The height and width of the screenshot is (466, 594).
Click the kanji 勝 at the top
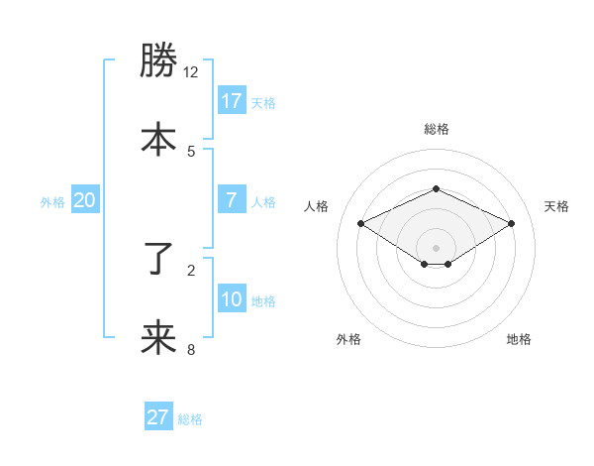coord(158,61)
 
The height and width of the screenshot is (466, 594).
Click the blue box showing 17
coord(231,100)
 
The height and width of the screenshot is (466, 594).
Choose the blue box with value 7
coord(231,199)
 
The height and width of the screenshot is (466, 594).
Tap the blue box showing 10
coord(231,298)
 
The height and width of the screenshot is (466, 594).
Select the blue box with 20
coord(84,200)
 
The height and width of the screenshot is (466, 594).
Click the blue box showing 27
coord(158,417)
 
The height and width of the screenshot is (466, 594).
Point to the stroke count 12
coord(190,72)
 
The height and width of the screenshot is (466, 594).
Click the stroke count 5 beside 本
coord(191,151)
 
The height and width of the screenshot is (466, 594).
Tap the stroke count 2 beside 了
coord(191,269)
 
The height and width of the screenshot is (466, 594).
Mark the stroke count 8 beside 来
coord(191,349)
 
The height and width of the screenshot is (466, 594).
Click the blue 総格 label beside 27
coord(190,419)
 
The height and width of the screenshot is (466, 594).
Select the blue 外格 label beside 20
coord(52,202)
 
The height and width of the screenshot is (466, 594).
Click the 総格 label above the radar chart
coord(436,129)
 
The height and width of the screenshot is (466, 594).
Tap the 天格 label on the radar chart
coord(556,206)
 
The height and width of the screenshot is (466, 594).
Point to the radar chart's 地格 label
coord(519,339)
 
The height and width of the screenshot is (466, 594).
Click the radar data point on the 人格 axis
coord(361,223)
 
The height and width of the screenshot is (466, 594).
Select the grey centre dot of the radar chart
coord(436,247)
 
